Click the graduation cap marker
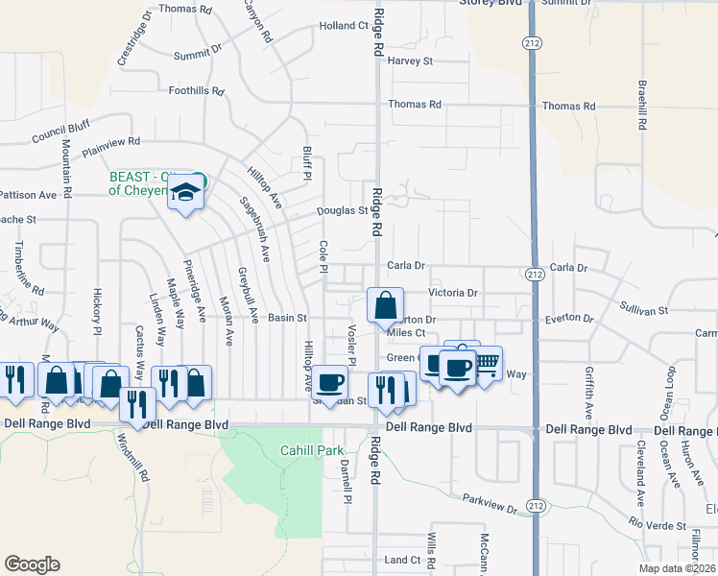pos(184,193)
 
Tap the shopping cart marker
pos(487,363)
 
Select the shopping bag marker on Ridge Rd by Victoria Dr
pos(385,305)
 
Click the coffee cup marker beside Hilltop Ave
pos(330,382)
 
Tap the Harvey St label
pos(412,61)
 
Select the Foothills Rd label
pos(196,91)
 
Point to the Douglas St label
pos(343,211)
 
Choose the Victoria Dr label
pos(453,293)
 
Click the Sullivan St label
pos(643,311)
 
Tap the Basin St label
pos(287,318)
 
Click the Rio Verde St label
pos(658,522)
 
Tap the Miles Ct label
pos(405,333)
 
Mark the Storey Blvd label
pos(495,4)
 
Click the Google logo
pos(32,564)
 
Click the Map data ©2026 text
pos(677,568)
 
